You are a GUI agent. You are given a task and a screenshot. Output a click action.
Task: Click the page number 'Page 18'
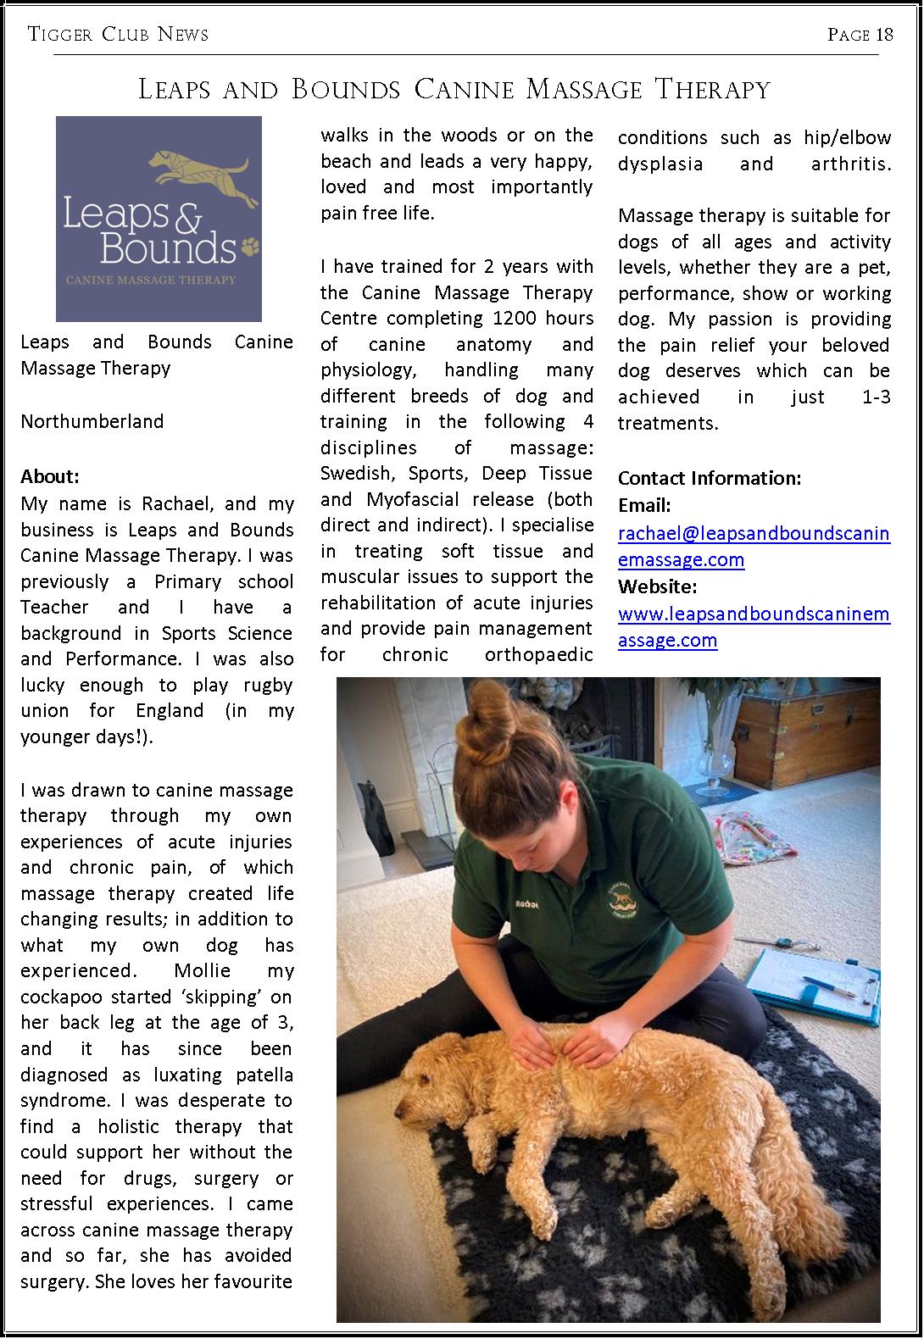[860, 35]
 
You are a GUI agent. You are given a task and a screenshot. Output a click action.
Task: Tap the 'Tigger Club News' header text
[118, 35]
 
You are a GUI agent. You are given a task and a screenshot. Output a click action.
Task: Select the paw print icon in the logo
[250, 247]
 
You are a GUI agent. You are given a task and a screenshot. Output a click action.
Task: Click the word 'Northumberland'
[92, 421]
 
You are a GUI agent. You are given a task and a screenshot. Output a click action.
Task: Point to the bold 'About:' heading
[49, 476]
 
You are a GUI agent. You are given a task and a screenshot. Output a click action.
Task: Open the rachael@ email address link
[754, 546]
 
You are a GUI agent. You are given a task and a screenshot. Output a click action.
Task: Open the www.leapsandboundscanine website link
[754, 626]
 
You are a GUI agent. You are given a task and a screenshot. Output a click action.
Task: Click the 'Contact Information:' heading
[709, 478]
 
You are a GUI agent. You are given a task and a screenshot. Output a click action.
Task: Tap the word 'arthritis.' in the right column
[850, 164]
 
